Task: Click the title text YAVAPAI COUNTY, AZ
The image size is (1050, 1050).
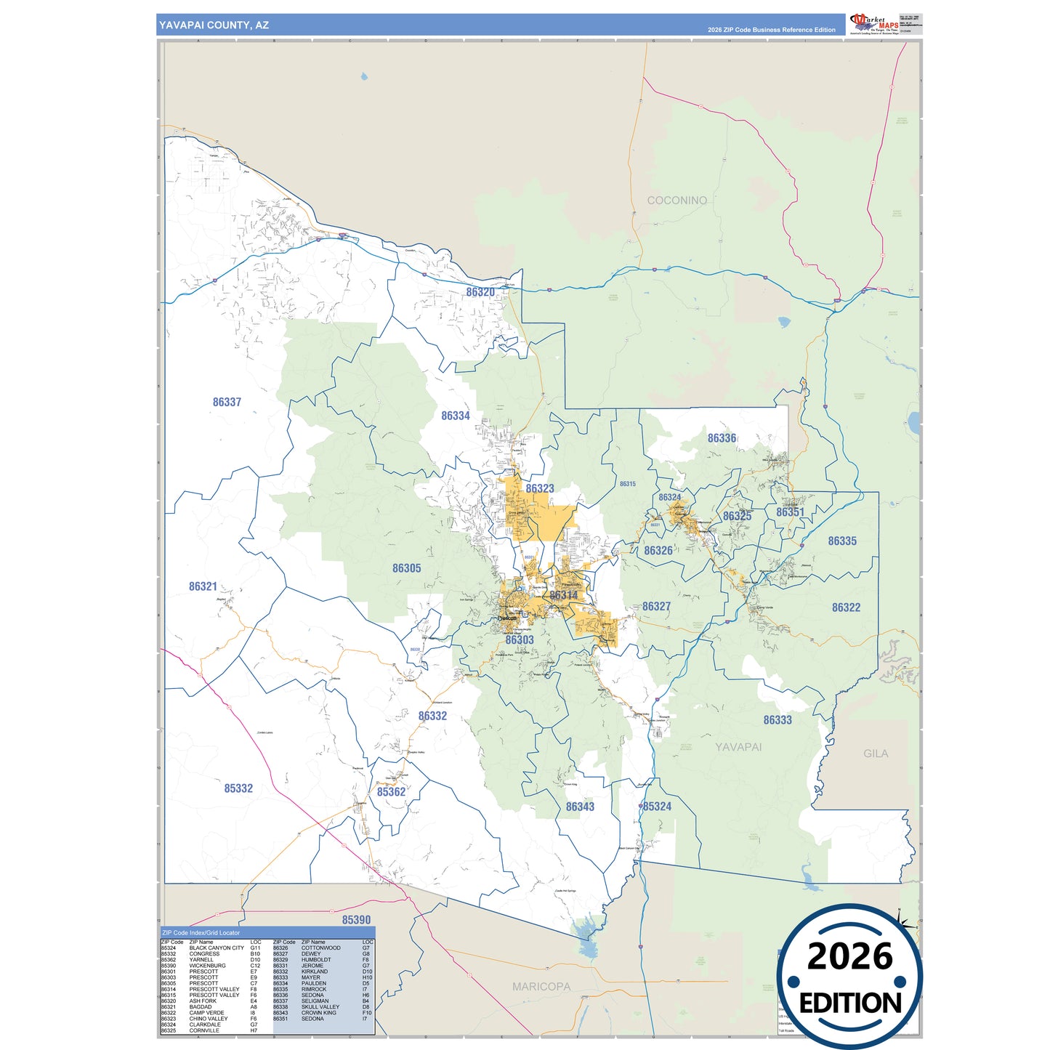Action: tap(214, 25)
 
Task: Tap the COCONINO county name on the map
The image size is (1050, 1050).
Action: tap(677, 201)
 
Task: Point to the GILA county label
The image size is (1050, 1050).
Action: tap(875, 754)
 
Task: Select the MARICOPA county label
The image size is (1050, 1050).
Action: tap(541, 987)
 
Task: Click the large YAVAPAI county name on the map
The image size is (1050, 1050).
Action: tap(738, 747)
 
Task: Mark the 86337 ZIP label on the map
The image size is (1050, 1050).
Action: tap(227, 403)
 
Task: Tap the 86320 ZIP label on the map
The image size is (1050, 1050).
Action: tap(480, 292)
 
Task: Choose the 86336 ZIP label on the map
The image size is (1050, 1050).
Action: tap(722, 438)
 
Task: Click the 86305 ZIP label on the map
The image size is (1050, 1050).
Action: tap(406, 568)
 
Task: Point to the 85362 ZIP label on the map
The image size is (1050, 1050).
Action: tap(391, 792)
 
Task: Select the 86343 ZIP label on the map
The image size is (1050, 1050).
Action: tap(580, 807)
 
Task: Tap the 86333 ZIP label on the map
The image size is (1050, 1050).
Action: tap(777, 720)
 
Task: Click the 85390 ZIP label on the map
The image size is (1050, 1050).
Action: tap(356, 920)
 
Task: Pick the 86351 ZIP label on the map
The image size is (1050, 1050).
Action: tap(790, 512)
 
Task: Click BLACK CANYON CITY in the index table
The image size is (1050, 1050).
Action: tap(217, 948)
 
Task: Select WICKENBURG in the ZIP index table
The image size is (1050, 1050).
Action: tap(207, 966)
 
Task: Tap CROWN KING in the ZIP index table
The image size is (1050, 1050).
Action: tap(318, 1013)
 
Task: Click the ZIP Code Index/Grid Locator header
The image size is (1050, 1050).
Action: tap(201, 933)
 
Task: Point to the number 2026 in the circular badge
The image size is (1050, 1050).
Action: tap(849, 957)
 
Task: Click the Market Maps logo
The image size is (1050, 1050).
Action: tap(874, 23)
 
